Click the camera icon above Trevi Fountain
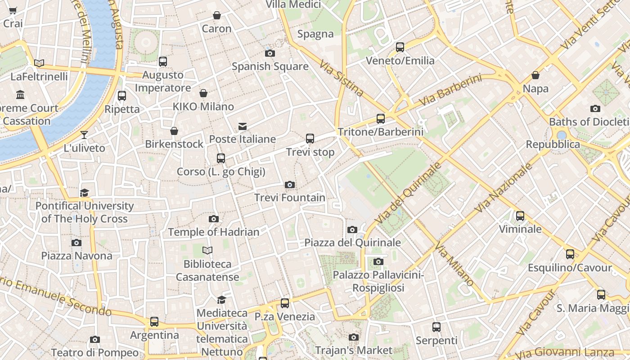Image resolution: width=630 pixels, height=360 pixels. (290, 184)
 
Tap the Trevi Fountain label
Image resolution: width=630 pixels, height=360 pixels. (290, 198)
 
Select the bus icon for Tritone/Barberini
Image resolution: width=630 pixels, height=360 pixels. (381, 119)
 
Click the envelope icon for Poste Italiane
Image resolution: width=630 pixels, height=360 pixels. (243, 126)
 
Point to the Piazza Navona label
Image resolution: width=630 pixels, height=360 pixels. (77, 256)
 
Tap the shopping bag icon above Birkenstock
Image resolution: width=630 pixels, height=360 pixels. (174, 131)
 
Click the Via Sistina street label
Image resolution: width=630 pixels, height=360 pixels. (342, 79)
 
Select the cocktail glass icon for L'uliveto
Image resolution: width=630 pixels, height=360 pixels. (84, 135)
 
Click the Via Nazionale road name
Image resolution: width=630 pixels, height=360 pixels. (504, 188)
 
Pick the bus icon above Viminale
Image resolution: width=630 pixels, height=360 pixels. (520, 216)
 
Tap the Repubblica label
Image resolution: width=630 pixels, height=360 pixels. (553, 144)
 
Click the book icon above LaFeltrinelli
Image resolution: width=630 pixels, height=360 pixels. (39, 63)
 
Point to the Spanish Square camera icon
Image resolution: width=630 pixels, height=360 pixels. (270, 53)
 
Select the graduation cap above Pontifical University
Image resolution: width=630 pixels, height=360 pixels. (84, 193)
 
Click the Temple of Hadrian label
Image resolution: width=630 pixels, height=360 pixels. (214, 232)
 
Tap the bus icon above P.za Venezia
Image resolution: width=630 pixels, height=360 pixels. (285, 303)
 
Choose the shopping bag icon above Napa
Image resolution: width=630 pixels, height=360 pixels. (535, 75)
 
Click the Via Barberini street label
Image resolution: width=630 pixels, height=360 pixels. (450, 91)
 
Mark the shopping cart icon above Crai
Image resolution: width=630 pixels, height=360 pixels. (13, 10)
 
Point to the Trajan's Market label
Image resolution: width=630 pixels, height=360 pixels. (354, 350)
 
